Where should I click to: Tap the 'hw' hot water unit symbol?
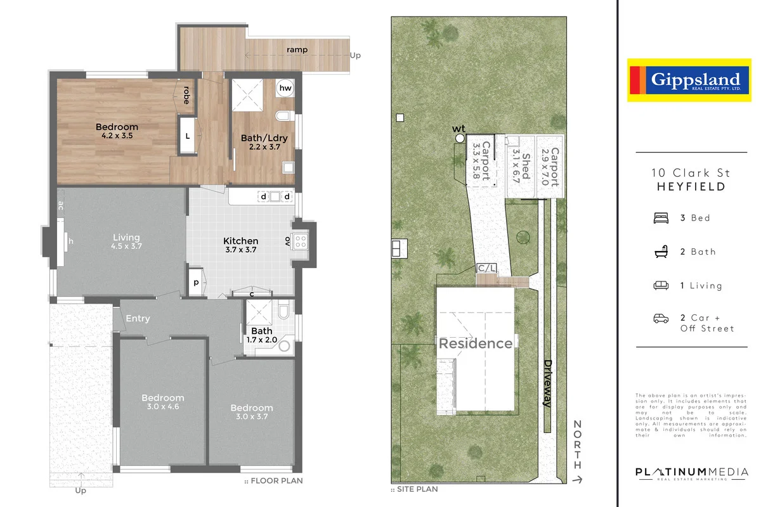point(285,89)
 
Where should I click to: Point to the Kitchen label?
point(241,241)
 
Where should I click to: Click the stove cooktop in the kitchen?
point(300,241)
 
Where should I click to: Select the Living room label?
point(126,238)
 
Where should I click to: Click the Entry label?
point(138,318)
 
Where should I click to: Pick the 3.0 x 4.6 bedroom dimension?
point(163,407)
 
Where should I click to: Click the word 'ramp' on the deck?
point(297,49)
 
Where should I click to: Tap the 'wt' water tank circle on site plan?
point(460,138)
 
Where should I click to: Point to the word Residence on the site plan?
point(476,343)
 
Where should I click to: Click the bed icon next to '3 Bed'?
point(661,218)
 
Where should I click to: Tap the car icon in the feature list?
point(661,318)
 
